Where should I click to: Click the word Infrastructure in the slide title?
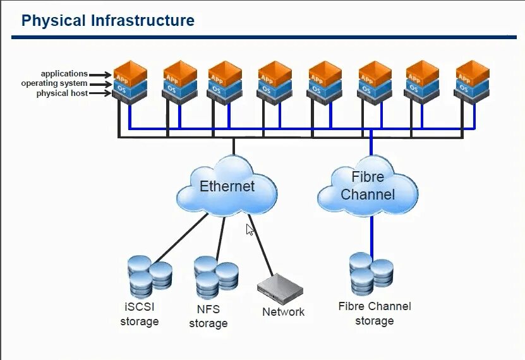pyautogui.click(x=143, y=20)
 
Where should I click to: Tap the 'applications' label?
pyautogui.click(x=64, y=74)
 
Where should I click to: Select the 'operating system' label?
pyautogui.click(x=54, y=83)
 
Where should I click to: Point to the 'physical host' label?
pyautogui.click(x=62, y=93)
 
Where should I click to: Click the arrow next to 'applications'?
pyautogui.click(x=100, y=75)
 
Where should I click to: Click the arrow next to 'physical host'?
pyautogui.click(x=100, y=93)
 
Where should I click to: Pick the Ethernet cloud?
pyautogui.click(x=227, y=186)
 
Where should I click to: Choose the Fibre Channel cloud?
pyautogui.click(x=368, y=186)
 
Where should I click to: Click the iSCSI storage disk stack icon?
pyautogui.click(x=150, y=277)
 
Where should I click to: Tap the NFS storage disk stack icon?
pyautogui.click(x=216, y=278)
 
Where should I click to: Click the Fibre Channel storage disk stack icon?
pyautogui.click(x=371, y=274)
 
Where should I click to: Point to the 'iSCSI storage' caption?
pyautogui.click(x=139, y=314)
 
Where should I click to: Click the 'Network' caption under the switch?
pyautogui.click(x=283, y=312)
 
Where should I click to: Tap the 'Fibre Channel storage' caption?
pyautogui.click(x=375, y=313)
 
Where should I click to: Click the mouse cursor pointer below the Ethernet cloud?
pyautogui.click(x=250, y=229)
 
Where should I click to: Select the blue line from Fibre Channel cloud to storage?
pyautogui.click(x=371, y=234)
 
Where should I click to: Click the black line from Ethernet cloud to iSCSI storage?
pyautogui.click(x=181, y=238)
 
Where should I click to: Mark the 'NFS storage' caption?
pyautogui.click(x=208, y=316)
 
